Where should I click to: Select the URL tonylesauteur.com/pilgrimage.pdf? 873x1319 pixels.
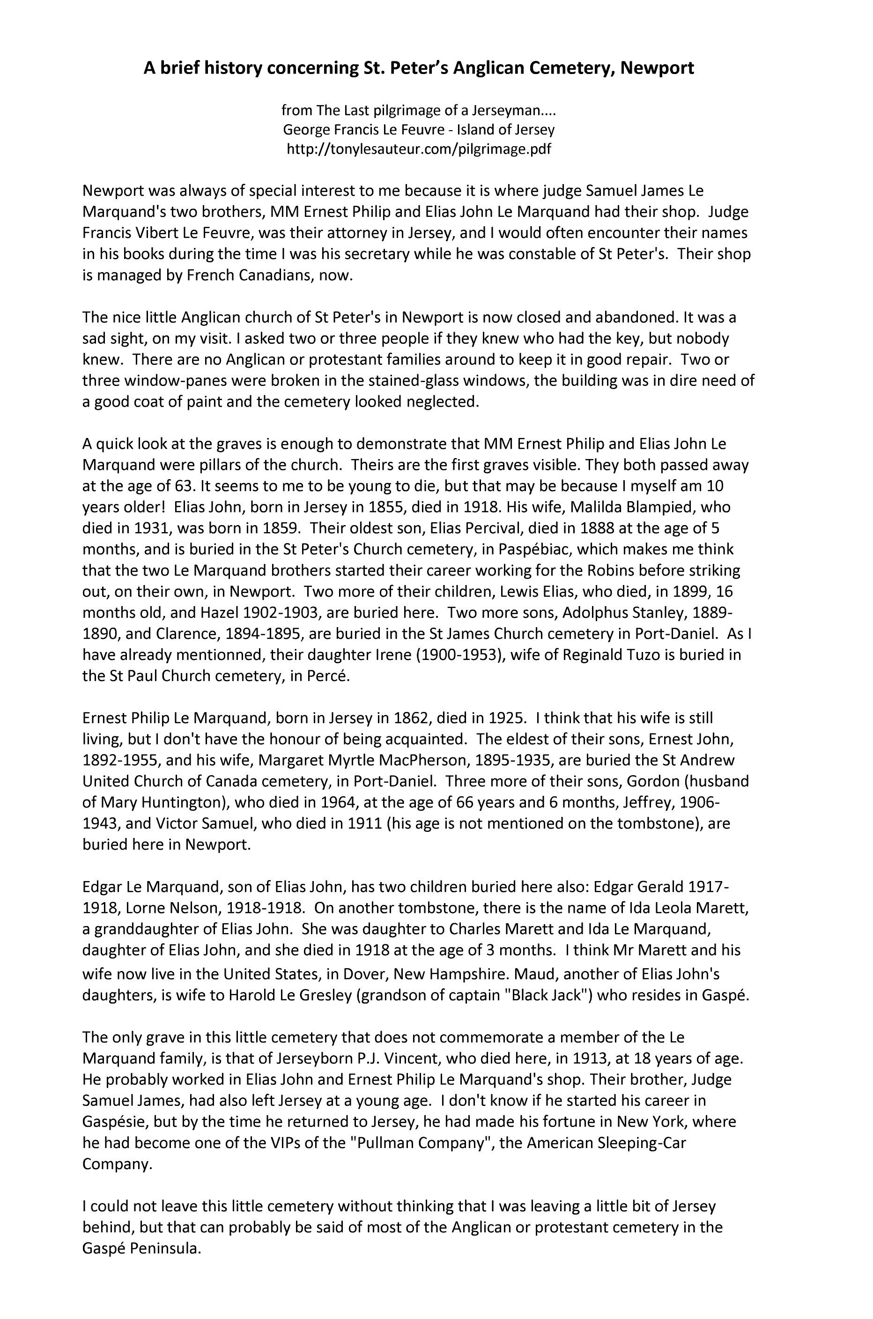(x=419, y=149)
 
